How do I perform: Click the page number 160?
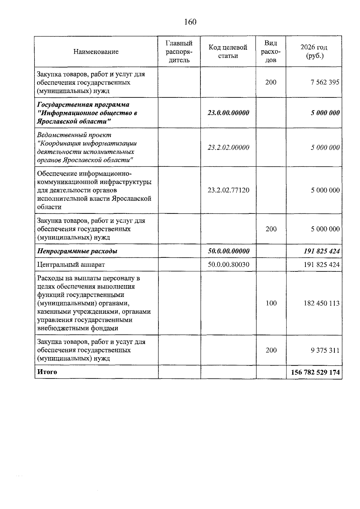coord(190,22)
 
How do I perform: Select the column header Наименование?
coord(96,52)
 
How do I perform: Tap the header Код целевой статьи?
coord(228,52)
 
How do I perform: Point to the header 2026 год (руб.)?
coord(314,52)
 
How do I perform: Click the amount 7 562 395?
coord(325,82)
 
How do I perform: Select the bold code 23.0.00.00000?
coord(228,113)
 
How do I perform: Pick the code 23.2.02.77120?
coord(228,190)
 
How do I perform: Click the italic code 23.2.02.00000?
coord(228,148)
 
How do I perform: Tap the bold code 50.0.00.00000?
coord(228,251)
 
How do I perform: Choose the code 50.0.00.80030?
coord(228,265)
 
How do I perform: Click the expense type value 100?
coord(271,303)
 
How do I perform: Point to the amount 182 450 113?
coord(322,303)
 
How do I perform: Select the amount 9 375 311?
coord(325,350)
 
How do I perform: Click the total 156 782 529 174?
coord(315,372)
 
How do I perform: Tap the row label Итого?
coord(47,372)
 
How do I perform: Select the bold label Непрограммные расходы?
coord(77,251)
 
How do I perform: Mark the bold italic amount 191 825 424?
coord(322,251)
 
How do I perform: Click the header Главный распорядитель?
coord(179,52)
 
